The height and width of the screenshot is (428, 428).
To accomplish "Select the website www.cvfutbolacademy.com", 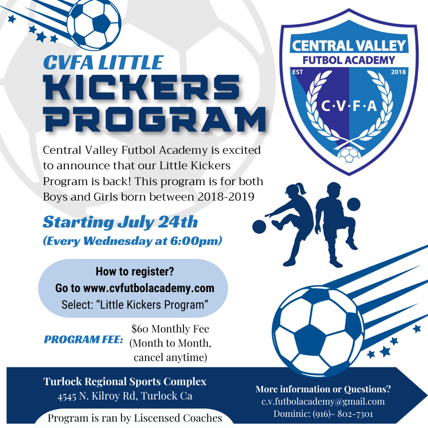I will click(148, 288).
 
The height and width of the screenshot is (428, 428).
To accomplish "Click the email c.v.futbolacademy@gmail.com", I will click(323, 402).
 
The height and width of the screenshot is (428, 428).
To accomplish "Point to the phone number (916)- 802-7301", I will click(343, 414).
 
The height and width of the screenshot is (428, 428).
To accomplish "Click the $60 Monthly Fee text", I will click(170, 329).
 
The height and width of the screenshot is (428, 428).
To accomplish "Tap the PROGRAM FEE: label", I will click(83, 339).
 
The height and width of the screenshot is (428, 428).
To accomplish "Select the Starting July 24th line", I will click(120, 222).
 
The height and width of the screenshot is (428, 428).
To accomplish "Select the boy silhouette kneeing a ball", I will click(334, 222).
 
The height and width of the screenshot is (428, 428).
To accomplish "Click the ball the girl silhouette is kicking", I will click(259, 227).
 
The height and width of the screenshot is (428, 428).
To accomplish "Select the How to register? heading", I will click(135, 272).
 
